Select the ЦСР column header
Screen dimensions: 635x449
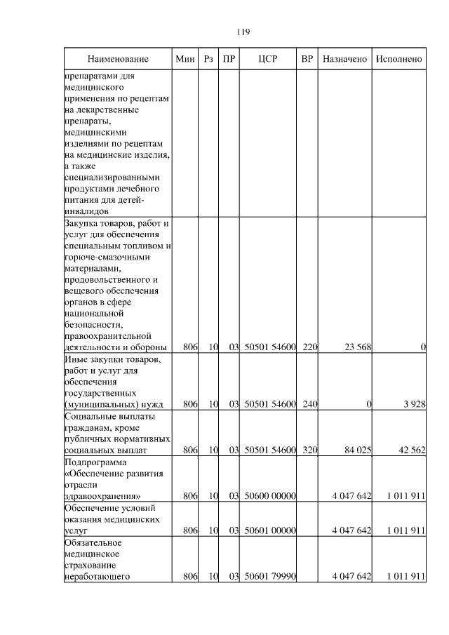(x=268, y=59)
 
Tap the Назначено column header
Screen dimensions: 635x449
(x=344, y=59)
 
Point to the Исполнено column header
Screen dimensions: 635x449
(x=398, y=59)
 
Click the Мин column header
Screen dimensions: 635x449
(x=185, y=59)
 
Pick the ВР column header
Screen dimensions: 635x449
(x=307, y=59)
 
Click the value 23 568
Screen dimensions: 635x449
(x=356, y=347)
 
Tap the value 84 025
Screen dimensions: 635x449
(x=356, y=450)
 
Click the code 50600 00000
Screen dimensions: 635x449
(x=270, y=496)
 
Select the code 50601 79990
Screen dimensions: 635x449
(x=270, y=577)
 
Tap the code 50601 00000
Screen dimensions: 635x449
(x=270, y=531)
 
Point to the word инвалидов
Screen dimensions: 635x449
(x=86, y=210)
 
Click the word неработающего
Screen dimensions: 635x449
(x=98, y=577)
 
